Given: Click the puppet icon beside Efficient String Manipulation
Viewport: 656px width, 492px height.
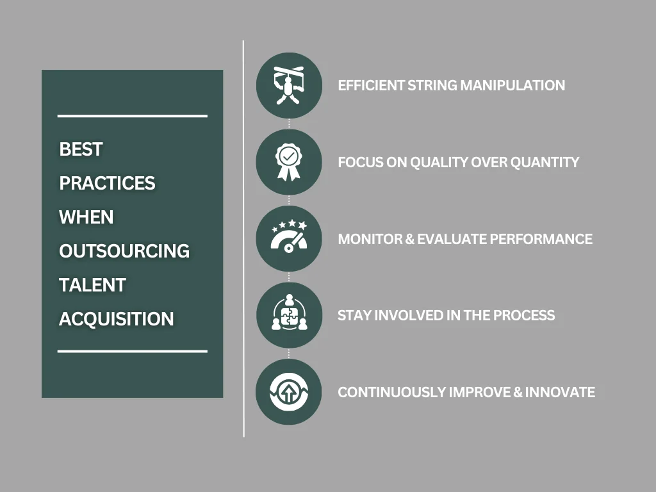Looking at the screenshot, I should click(x=288, y=85).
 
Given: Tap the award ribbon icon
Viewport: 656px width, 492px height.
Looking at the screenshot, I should click(x=288, y=162).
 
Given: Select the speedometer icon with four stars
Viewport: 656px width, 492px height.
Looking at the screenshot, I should click(x=288, y=239).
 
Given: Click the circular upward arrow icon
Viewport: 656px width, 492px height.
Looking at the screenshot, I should click(x=288, y=392).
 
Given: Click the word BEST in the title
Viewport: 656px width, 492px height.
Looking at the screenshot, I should click(x=81, y=149).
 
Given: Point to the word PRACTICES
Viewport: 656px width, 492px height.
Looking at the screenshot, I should click(x=107, y=183).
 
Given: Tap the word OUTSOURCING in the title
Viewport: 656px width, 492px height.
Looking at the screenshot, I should click(x=124, y=251).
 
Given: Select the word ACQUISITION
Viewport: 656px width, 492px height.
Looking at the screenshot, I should click(x=116, y=319).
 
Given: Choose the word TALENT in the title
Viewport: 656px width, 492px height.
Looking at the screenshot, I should click(x=92, y=285).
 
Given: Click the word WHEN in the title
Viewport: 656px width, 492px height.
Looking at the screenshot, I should click(x=86, y=217).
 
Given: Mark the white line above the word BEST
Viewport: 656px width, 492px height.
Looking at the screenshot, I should click(x=132, y=116).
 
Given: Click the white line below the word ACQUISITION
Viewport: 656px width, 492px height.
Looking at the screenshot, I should click(x=132, y=351).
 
